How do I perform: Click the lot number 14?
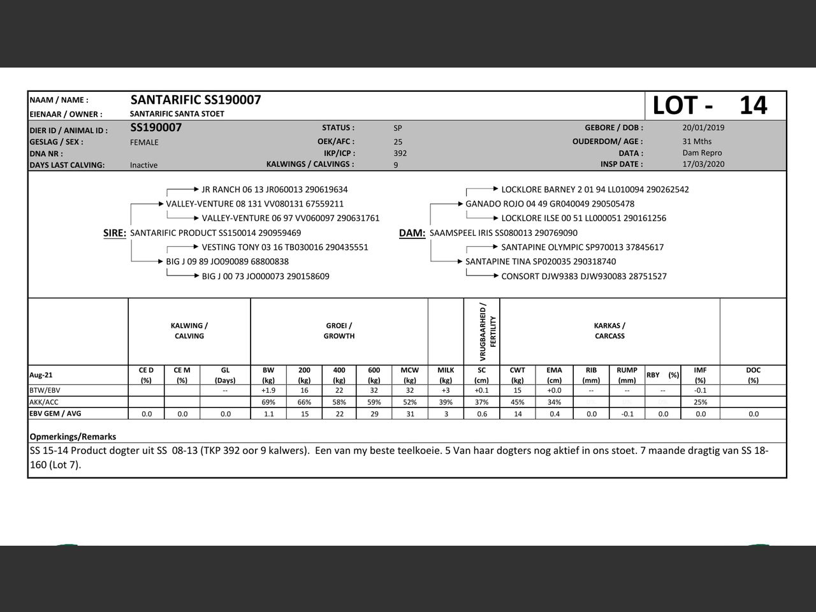coord(753,105)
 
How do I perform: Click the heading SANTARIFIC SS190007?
coord(196,100)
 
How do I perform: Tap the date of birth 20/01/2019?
coord(703,127)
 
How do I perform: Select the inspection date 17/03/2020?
coord(703,164)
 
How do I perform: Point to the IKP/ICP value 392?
coord(400,153)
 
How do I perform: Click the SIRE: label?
coord(115,233)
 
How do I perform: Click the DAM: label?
coord(412,233)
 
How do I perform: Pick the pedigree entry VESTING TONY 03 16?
coord(285,247)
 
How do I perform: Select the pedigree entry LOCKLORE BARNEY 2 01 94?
coord(595,189)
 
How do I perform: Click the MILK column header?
coord(446,375)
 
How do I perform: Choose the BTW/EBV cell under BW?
coord(268,390)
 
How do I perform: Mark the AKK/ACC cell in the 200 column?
coord(304,402)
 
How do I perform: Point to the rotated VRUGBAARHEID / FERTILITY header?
coord(488,331)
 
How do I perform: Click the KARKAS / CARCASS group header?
coord(609,331)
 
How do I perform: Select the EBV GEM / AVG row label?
coord(55,414)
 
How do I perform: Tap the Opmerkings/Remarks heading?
coord(73,437)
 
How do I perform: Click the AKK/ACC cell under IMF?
coord(700,402)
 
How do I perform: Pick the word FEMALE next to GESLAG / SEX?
coord(144,142)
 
